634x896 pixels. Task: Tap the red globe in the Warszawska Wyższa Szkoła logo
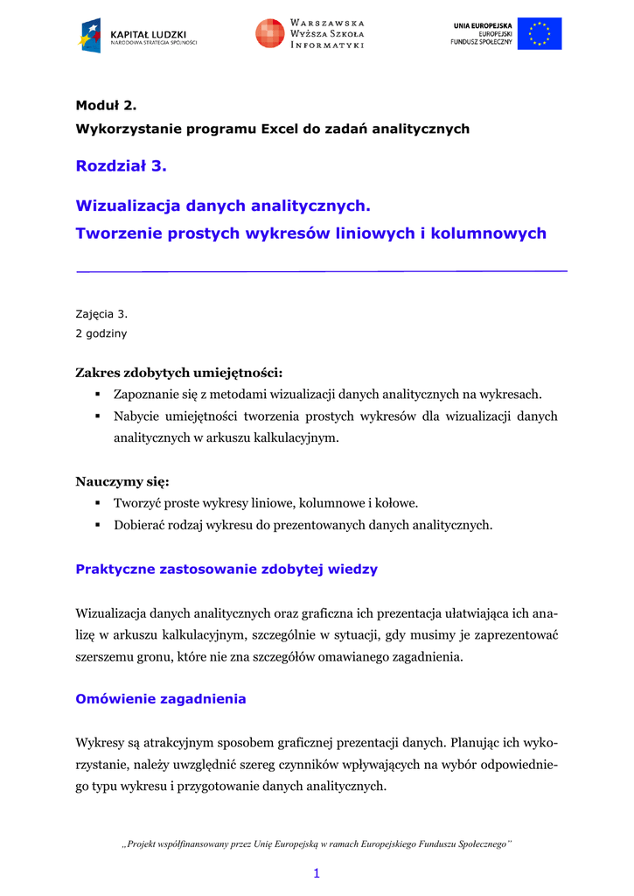pos(269,33)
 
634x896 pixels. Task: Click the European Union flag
pos(540,33)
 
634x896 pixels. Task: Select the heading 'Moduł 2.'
pos(107,105)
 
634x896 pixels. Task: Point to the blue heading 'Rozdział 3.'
pos(121,164)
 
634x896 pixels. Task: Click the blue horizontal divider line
pos(322,271)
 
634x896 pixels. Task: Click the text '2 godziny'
pos(101,333)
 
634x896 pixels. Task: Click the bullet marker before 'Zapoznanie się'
pos(99,395)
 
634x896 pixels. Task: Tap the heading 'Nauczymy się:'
pos(122,481)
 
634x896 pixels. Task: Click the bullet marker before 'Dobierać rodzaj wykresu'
pos(99,525)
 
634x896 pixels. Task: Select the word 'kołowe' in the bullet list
pos(396,503)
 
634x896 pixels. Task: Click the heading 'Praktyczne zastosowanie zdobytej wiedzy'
pos(226,569)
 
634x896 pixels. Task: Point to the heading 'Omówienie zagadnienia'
pos(161,699)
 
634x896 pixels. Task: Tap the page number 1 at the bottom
pos(317,873)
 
